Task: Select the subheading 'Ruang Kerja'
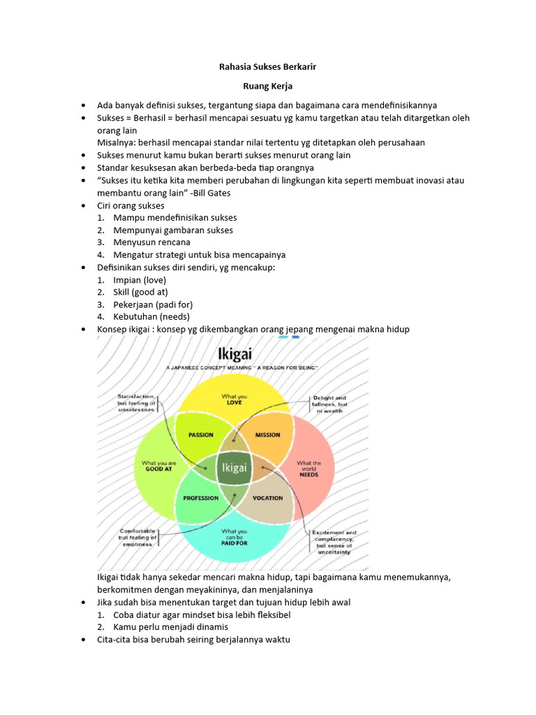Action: (267, 86)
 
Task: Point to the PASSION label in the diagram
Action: (201, 435)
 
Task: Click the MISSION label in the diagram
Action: (267, 435)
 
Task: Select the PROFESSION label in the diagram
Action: (201, 498)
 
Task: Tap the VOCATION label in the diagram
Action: (267, 498)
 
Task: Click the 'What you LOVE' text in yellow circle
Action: (234, 399)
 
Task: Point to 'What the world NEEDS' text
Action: (309, 468)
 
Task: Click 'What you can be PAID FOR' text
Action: (234, 536)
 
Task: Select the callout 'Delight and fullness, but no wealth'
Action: (330, 404)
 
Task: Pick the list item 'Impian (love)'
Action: (140, 280)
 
